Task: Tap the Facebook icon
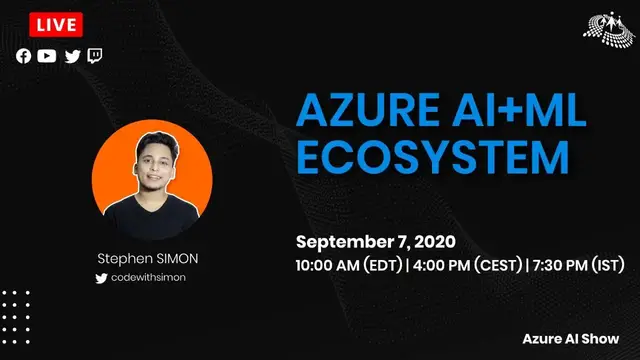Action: click(23, 56)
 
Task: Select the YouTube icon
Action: click(47, 56)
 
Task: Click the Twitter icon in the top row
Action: click(72, 56)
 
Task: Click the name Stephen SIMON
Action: click(147, 258)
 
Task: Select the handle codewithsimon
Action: click(156, 277)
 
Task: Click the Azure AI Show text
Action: click(577, 339)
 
